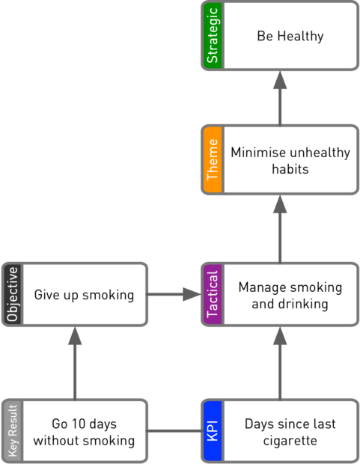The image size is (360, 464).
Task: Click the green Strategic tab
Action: [213, 36]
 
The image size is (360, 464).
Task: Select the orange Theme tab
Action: [213, 160]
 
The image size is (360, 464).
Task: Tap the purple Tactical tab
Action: [213, 294]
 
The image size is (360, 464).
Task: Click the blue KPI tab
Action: [213, 430]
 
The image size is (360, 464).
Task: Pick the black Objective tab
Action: [13, 294]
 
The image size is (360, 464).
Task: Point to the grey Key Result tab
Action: [13, 430]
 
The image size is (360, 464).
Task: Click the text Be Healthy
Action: [290, 37]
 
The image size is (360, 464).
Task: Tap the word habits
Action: [290, 169]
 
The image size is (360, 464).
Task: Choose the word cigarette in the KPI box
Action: [290, 441]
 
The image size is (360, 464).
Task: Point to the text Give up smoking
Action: [84, 295]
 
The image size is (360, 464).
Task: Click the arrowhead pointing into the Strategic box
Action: [280, 80]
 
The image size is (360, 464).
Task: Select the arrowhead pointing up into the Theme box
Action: [280, 204]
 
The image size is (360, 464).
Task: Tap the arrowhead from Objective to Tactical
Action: [192, 294]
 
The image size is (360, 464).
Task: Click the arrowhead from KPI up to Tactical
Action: [280, 336]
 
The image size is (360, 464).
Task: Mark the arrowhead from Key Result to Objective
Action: [75, 336]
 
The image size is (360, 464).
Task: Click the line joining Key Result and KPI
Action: [174, 430]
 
